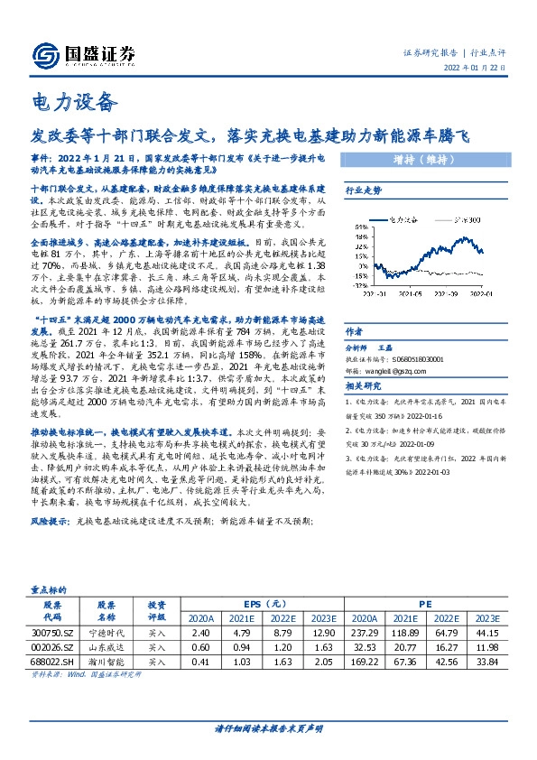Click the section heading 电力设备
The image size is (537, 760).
pos(62,100)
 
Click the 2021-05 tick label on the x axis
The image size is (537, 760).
pos(412,293)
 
